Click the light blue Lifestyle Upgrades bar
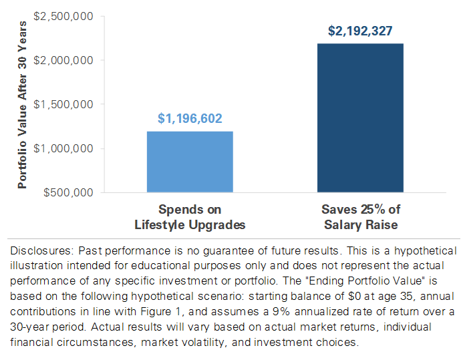tap(190, 162)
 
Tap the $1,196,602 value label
tap(190, 119)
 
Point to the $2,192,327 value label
tap(361, 31)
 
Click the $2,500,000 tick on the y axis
tap(66, 15)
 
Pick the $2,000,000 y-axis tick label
tap(66, 60)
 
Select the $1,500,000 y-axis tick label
tap(66, 104)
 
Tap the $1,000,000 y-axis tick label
tap(66, 148)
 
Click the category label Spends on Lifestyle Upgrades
tap(190, 217)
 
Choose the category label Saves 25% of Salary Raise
tap(361, 217)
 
